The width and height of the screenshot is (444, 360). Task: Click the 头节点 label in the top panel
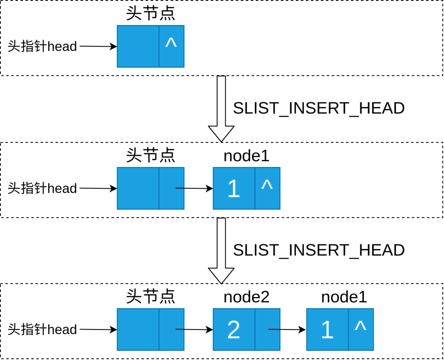pyautogui.click(x=150, y=13)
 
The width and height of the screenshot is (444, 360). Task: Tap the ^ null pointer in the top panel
pyautogui.click(x=171, y=43)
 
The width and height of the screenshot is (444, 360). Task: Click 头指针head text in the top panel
pyautogui.click(x=42, y=46)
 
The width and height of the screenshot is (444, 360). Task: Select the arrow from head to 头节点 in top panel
pyautogui.click(x=98, y=46)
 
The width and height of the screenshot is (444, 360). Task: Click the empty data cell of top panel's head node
pyautogui.click(x=138, y=46)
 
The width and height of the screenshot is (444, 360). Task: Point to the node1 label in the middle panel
pyautogui.click(x=246, y=156)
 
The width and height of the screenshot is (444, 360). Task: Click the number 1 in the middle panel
pyautogui.click(x=234, y=189)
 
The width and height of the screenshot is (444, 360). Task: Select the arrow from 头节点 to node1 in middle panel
pyautogui.click(x=194, y=188)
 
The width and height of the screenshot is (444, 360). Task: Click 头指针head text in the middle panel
pyautogui.click(x=42, y=188)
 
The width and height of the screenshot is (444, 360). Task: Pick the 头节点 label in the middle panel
pyautogui.click(x=150, y=156)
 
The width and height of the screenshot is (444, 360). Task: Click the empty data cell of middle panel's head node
pyautogui.click(x=138, y=188)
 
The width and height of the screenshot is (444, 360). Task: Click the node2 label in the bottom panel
pyautogui.click(x=246, y=297)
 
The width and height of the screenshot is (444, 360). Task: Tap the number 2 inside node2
pyautogui.click(x=234, y=330)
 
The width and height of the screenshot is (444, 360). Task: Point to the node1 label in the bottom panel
pyautogui.click(x=344, y=297)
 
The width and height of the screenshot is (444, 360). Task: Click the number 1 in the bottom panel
pyautogui.click(x=327, y=330)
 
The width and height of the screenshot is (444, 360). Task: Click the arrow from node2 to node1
pyautogui.click(x=287, y=330)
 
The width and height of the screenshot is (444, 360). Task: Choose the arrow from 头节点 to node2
pyautogui.click(x=194, y=330)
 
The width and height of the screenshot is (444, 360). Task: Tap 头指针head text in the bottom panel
pyautogui.click(x=42, y=330)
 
